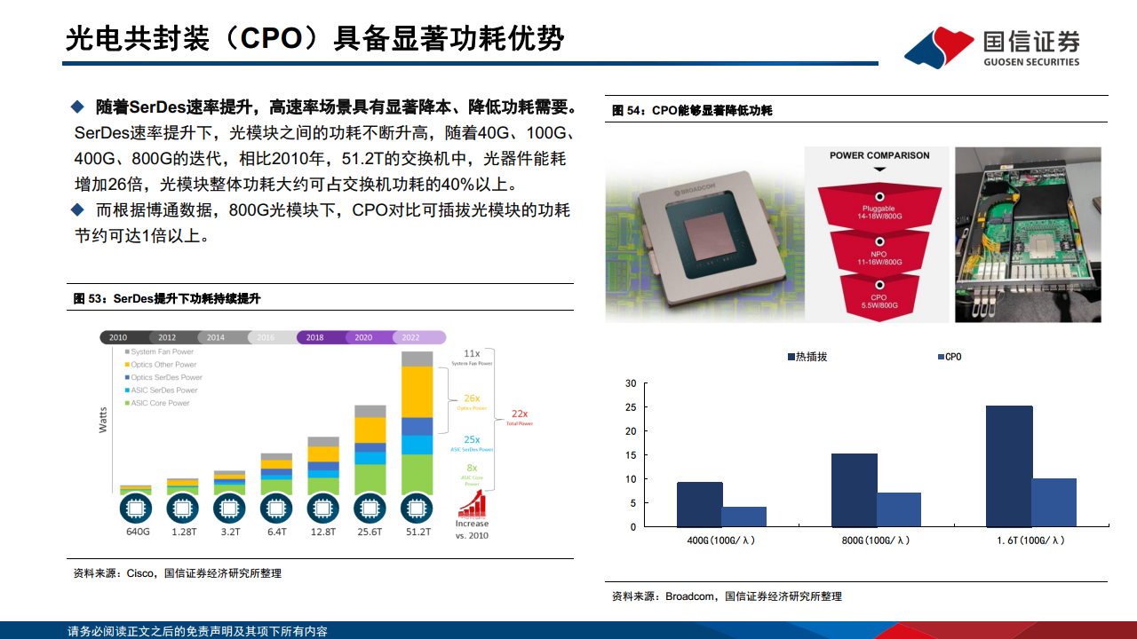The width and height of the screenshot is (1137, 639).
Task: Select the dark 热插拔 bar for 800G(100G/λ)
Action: (x=854, y=490)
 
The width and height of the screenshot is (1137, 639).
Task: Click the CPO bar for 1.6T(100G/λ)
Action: (x=1054, y=502)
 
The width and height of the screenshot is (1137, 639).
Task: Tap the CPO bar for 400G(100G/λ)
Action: (x=743, y=517)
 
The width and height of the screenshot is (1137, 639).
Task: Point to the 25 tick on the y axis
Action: (x=631, y=407)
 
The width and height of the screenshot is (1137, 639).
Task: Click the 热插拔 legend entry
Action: (x=807, y=357)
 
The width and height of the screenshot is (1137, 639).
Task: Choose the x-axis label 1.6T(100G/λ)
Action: (x=1031, y=540)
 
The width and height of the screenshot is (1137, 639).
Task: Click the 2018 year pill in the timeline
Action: (x=315, y=337)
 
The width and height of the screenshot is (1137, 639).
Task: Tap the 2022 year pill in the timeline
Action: (x=410, y=337)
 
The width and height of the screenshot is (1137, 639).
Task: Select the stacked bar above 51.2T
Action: (x=417, y=422)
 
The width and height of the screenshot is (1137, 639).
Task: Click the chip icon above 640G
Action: (x=136, y=509)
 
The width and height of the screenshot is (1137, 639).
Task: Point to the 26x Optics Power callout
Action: (x=472, y=401)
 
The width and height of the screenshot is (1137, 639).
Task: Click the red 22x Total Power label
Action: (x=520, y=415)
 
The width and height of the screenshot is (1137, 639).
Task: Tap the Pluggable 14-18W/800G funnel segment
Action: (x=879, y=206)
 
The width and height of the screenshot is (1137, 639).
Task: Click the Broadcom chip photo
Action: (x=704, y=234)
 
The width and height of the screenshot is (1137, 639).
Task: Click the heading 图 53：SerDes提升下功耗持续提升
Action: (x=167, y=299)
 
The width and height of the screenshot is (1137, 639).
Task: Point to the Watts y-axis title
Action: (x=104, y=419)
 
